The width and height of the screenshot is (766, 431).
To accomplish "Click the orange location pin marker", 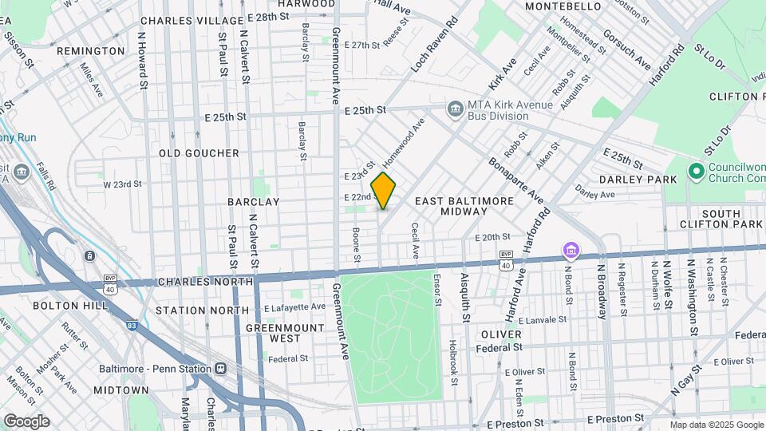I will coord(384,191).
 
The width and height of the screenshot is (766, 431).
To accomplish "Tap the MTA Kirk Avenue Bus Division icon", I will coord(455,108).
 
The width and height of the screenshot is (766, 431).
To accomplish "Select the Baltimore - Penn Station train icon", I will coord(219,369).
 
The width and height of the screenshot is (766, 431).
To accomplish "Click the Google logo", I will coord(26,421).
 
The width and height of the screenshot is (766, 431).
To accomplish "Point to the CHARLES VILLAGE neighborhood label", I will coord(191,20).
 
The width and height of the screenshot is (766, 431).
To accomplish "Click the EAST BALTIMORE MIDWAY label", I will coord(464,206).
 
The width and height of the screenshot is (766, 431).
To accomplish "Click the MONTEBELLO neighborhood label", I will coord(563,6).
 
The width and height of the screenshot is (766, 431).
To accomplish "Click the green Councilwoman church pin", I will coord(695,171).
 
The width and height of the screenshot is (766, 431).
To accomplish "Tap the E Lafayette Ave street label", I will coord(294,306).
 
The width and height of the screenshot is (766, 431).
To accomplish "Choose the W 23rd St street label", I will coord(122,184).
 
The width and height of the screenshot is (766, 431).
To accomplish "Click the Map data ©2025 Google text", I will coord(716,425).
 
